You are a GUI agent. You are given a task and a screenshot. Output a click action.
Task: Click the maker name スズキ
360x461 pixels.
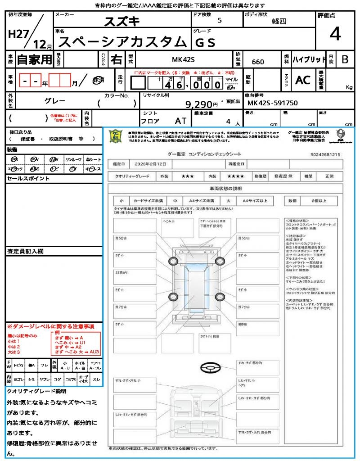pos(122,21)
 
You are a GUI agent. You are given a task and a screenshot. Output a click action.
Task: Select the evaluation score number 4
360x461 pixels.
pos(334,34)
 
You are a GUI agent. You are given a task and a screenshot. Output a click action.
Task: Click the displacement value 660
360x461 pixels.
pos(258,62)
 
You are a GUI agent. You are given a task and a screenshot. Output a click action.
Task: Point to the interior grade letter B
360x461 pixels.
pos(345,59)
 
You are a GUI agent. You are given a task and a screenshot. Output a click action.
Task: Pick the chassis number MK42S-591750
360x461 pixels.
pos(273,103)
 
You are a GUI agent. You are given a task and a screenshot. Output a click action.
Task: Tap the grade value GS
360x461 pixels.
pos(205,42)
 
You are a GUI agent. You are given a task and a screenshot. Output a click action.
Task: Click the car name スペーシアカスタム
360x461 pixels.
pos(122,42)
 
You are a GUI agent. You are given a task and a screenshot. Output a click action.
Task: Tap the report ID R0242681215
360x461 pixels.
pos(325,154)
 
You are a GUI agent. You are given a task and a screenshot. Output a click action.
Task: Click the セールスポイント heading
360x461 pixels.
pos(28,179)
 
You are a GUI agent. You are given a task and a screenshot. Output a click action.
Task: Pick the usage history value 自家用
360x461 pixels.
pos(35,59)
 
